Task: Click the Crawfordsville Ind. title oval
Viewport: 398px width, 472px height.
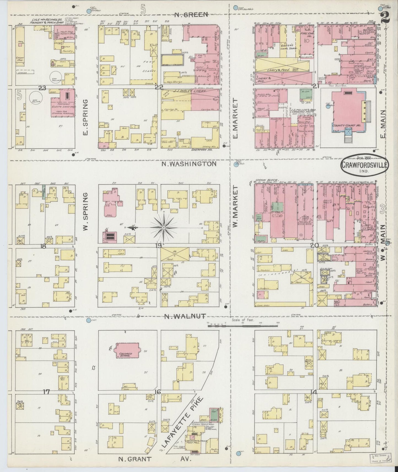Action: (x=364, y=166)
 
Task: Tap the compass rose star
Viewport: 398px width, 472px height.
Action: (x=163, y=228)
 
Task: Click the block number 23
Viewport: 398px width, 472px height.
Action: (x=42, y=88)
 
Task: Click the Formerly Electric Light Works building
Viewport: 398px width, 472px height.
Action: (x=63, y=104)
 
